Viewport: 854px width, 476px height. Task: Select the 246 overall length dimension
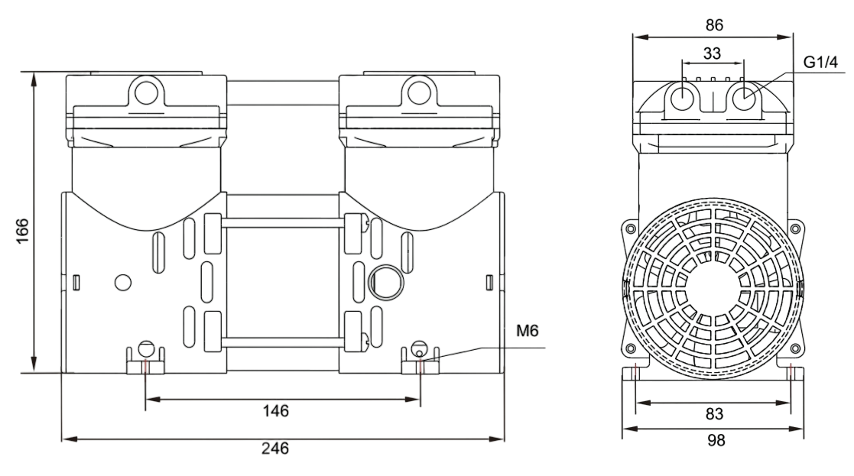(276, 448)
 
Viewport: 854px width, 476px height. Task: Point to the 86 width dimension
(714, 24)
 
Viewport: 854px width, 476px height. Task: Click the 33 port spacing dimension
(711, 54)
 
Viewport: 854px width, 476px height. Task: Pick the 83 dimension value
(714, 414)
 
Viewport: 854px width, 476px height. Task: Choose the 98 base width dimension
(714, 441)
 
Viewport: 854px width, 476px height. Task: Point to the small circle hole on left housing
(123, 282)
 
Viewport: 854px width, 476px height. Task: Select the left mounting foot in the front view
(145, 363)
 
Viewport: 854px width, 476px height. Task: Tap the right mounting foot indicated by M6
(421, 363)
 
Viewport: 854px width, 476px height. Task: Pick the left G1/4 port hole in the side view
(682, 98)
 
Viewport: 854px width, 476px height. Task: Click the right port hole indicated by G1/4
(744, 98)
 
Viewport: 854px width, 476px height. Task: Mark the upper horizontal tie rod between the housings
(283, 222)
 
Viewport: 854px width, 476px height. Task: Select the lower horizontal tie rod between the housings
(283, 341)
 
